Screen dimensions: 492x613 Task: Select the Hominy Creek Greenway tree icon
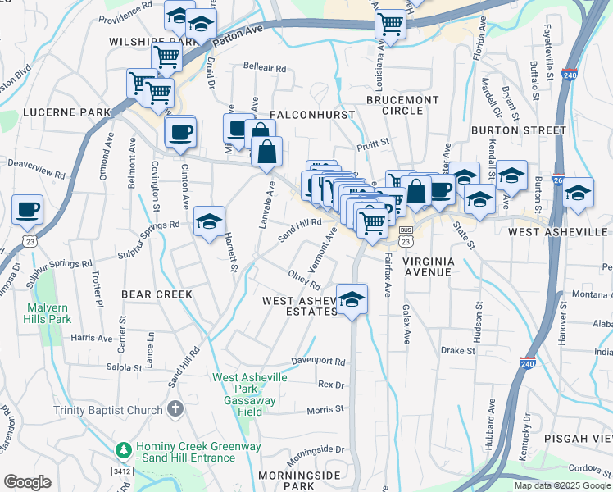point(123,451)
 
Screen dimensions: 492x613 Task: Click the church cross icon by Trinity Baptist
point(173,408)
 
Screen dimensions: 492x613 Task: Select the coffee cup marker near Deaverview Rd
point(28,209)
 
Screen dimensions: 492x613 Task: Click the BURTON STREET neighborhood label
point(519,130)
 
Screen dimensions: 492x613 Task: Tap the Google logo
point(27,482)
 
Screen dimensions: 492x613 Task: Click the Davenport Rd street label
point(320,361)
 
